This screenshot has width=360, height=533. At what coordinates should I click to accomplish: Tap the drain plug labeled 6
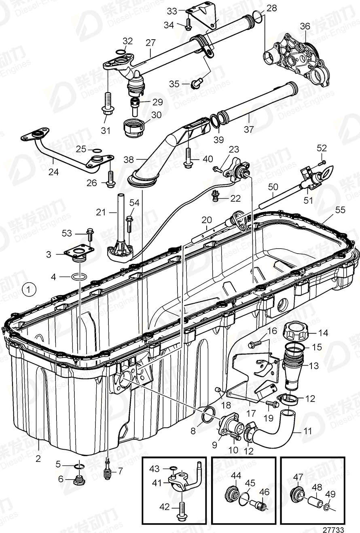(x=78, y=481)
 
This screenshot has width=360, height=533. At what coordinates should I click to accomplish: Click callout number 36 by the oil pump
(x=305, y=26)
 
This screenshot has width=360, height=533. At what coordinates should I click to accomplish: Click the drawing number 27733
(x=333, y=529)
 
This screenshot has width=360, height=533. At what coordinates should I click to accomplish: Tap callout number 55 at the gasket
(x=340, y=210)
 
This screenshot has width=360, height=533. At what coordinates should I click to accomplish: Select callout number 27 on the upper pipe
(x=150, y=42)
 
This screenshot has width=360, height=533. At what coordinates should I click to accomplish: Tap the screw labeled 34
(x=188, y=25)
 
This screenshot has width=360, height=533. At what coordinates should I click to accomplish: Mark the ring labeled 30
(x=133, y=127)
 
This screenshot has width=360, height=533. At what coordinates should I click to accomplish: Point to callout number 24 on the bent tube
(x=53, y=172)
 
